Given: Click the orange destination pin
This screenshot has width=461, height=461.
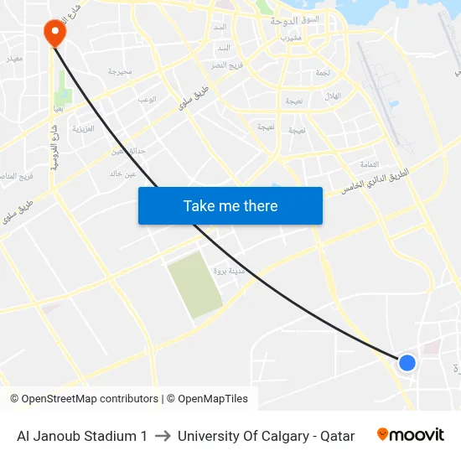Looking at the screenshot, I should point(54,32).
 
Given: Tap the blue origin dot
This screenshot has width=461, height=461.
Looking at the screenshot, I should point(407,362).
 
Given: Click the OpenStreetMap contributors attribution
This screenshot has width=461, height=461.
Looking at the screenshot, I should point(84,399).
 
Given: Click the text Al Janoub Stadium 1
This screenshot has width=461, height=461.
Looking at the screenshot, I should point(82,436).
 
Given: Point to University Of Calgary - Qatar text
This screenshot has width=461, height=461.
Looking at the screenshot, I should point(266,436).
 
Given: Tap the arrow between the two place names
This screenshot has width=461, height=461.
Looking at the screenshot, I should point(163,436).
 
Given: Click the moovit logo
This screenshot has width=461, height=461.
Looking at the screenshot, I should point(411,435).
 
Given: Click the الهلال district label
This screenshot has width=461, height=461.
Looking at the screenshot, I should point(333,96).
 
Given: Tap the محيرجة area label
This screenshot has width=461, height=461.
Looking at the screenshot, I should point(120,72).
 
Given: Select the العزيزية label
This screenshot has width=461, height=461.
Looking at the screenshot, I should point(83,129).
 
